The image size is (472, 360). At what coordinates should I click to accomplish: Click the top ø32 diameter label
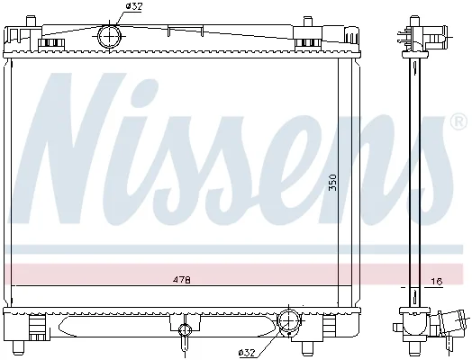(x=134, y=7)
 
